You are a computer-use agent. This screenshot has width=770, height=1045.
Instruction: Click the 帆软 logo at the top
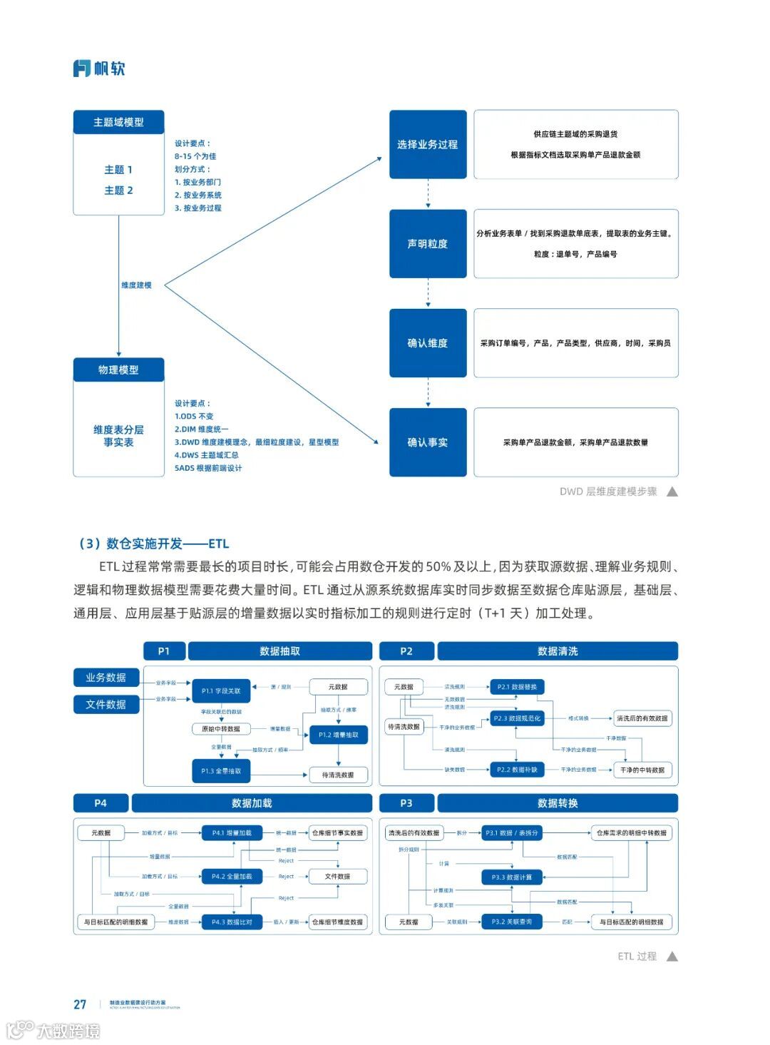point(99,68)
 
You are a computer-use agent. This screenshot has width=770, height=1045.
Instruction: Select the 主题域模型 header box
point(118,122)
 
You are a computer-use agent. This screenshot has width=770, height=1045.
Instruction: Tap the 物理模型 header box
point(118,369)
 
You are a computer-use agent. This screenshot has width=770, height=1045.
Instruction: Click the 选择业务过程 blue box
point(428,144)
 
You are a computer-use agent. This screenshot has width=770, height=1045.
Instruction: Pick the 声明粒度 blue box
point(428,244)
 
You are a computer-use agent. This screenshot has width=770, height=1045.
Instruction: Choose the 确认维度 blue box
point(428,343)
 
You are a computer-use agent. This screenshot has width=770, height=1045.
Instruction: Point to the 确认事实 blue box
point(428,442)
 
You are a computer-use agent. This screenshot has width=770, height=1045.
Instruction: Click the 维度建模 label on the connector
point(136,285)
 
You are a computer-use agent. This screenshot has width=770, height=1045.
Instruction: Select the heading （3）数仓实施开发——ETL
point(153,544)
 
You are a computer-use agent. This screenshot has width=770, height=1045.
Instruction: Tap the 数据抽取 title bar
point(279,651)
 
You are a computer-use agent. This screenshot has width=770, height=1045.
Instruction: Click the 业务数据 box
point(106,678)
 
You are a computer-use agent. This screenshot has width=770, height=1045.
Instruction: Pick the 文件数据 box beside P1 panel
point(106,705)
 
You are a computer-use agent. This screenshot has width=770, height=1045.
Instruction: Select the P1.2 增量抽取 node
point(339,735)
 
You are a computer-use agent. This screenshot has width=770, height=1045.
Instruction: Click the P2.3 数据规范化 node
point(517,718)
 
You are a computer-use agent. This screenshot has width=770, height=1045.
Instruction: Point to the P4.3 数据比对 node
point(232,922)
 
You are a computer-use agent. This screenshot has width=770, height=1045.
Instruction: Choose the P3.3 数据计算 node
point(512,877)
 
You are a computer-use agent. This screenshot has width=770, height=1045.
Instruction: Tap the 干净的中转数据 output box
point(642,770)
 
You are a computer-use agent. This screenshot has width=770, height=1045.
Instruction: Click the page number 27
point(80,1004)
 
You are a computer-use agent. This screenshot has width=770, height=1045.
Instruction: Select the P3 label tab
point(406,803)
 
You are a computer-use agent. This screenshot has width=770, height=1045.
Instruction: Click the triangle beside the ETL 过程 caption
point(672,957)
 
